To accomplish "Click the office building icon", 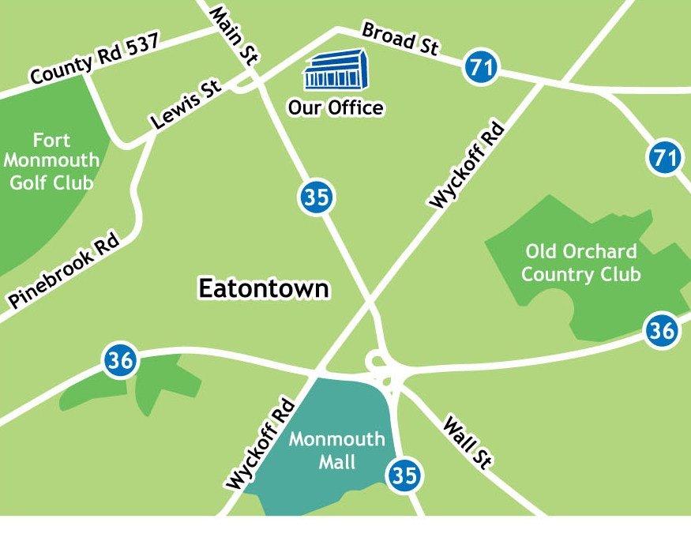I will pos(336,70).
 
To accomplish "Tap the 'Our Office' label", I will pos(336,107).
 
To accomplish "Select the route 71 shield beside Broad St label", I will pos(481,66).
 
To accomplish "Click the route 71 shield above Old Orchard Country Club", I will pos(665,158).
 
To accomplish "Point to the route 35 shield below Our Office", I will pos(316,197).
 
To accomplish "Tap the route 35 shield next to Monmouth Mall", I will pos(404,475).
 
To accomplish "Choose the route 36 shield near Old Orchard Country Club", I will pos(661,330).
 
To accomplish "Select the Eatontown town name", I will pos(263,288).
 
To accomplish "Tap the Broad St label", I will pos(400,39).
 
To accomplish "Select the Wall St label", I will pos(467,442).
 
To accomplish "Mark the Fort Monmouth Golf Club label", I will pos(51,162).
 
